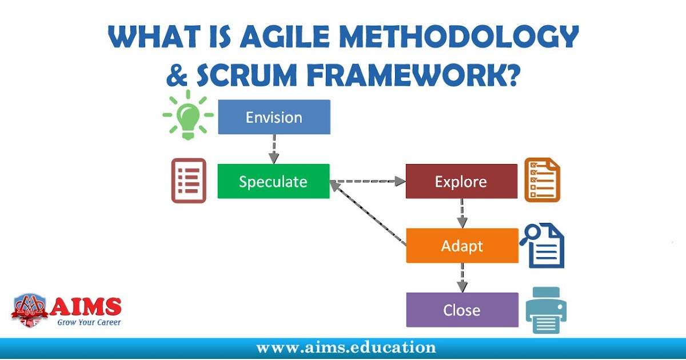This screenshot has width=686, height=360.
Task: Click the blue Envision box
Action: (x=274, y=117)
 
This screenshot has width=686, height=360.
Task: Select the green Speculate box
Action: (x=273, y=181)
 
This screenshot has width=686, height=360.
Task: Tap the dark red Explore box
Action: (x=461, y=181)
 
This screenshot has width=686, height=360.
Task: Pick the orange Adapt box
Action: (x=462, y=246)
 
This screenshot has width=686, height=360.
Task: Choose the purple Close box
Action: (x=462, y=310)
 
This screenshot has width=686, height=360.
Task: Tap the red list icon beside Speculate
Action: (x=189, y=181)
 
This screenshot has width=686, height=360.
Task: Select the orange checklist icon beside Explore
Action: (x=543, y=181)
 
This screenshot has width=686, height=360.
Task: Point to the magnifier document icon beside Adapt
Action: (x=543, y=246)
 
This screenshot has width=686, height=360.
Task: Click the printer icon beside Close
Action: (x=546, y=310)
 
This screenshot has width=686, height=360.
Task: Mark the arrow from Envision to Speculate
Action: (x=274, y=149)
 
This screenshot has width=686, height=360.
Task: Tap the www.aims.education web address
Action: (x=346, y=347)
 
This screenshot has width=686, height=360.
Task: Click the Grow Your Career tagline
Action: (x=89, y=322)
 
